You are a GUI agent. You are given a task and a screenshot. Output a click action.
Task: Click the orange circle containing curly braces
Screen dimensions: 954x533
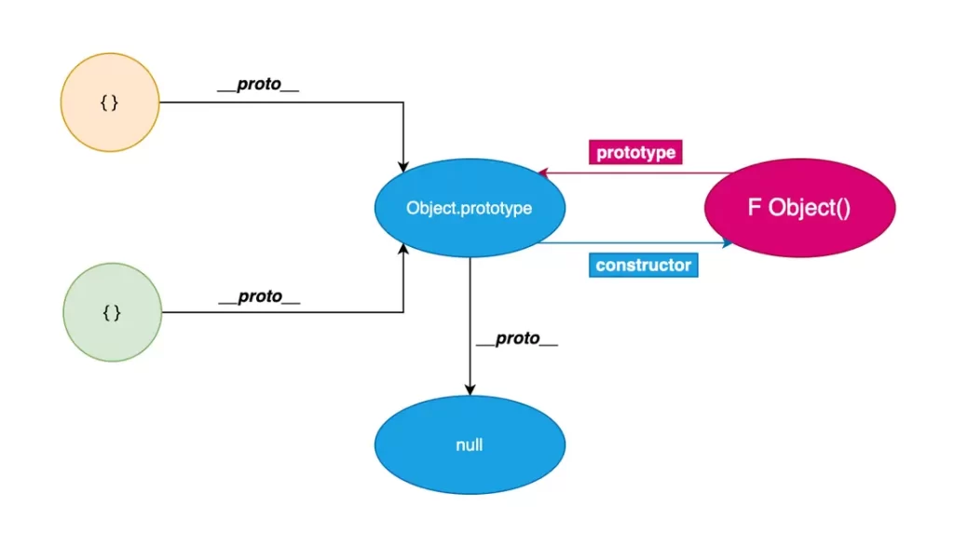(110, 102)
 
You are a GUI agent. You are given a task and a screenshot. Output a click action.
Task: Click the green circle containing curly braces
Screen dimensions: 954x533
(113, 312)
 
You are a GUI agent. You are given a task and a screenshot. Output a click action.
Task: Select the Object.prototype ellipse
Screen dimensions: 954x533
(470, 208)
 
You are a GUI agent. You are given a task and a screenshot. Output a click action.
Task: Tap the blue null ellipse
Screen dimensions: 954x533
(470, 444)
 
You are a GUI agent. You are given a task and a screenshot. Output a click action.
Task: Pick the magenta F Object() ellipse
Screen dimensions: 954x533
(799, 208)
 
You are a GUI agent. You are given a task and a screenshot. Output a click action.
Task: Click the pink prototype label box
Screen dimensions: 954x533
(635, 152)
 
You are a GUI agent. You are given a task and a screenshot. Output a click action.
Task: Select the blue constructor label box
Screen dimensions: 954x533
(643, 266)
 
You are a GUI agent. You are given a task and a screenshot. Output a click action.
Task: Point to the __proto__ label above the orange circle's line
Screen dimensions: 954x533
(259, 84)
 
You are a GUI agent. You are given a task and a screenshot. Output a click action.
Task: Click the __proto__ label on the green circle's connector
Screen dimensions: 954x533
(260, 296)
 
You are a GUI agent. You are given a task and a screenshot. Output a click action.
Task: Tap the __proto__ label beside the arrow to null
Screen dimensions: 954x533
(517, 338)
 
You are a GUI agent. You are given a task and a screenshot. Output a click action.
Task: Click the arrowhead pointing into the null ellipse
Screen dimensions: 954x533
(470, 390)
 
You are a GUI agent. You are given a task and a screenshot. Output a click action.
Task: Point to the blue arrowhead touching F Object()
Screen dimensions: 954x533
(728, 243)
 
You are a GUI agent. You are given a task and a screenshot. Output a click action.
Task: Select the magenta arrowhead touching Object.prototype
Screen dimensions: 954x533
(543, 172)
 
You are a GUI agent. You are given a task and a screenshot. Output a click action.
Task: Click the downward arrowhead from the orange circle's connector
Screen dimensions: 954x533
(402, 167)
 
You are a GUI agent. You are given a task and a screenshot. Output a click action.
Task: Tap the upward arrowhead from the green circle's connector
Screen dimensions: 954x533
(402, 249)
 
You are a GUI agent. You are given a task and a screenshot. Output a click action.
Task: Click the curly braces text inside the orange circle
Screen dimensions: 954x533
(110, 102)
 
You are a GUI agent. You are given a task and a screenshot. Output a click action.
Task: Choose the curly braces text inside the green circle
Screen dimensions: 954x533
(112, 313)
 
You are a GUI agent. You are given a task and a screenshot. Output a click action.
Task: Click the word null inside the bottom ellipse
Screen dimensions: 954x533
(470, 445)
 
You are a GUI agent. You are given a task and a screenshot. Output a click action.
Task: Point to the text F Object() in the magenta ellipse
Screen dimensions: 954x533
(798, 208)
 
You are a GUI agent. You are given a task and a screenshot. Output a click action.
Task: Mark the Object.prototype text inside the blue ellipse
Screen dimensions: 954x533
(470, 208)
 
